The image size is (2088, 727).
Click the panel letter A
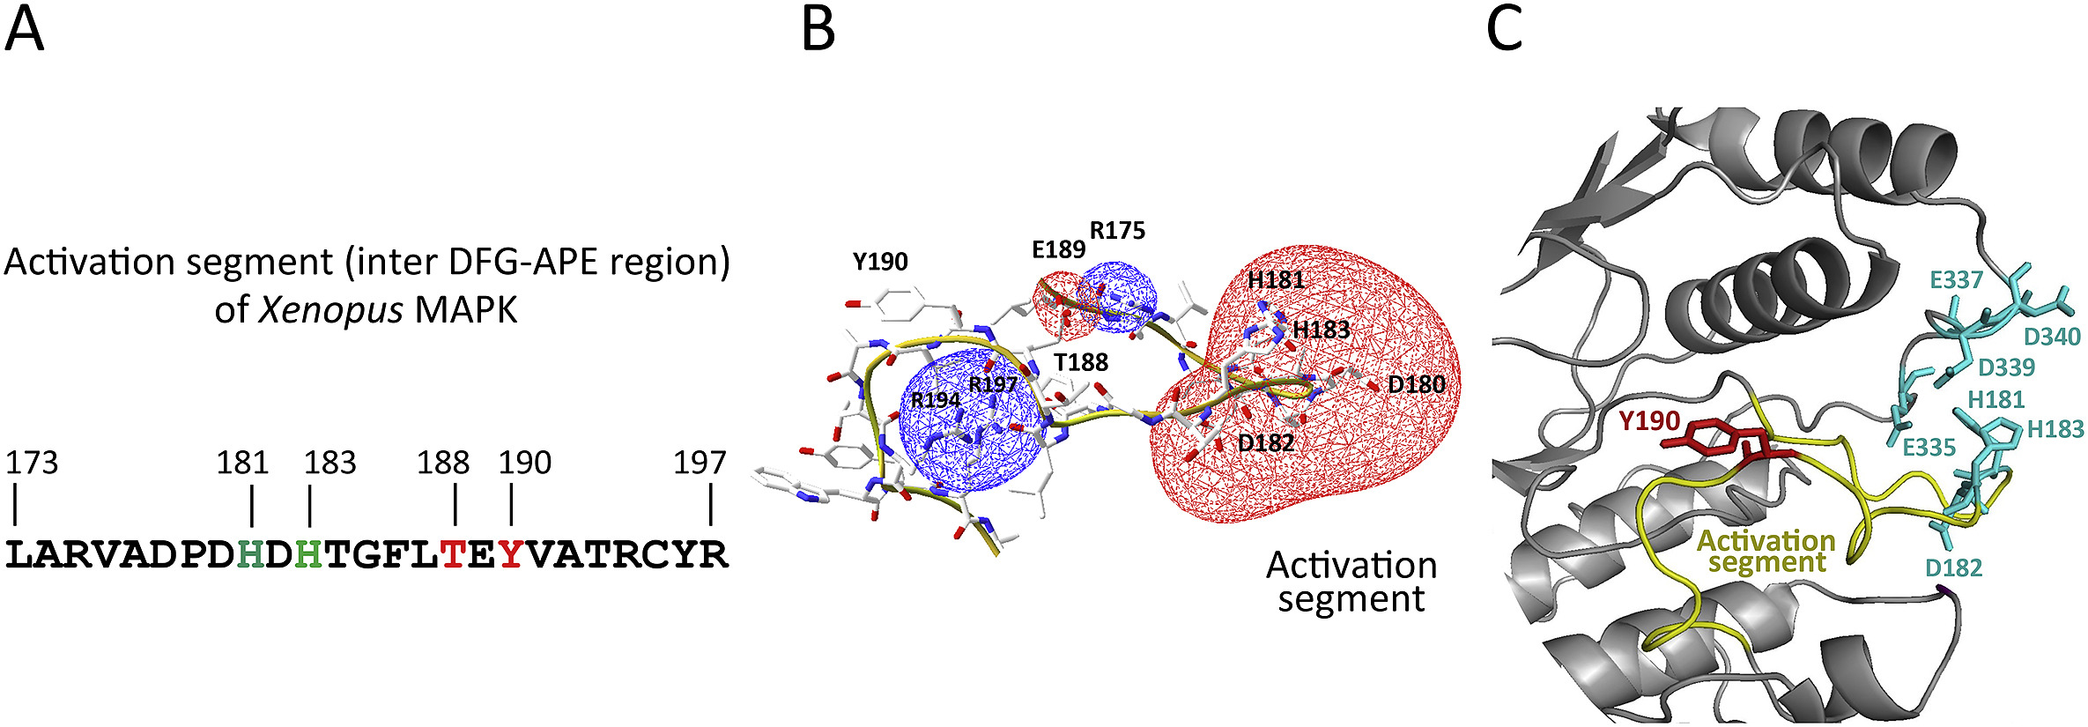point(24,31)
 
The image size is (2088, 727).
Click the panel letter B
point(818,31)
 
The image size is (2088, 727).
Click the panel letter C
point(1504,31)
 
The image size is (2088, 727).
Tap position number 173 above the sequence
point(32,463)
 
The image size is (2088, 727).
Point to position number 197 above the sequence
point(700,463)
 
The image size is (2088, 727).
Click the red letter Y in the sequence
point(511,555)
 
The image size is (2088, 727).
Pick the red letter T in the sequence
point(454,555)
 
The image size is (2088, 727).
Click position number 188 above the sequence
point(443,463)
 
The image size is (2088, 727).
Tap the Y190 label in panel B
point(879,262)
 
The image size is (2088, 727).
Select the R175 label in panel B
point(1117,231)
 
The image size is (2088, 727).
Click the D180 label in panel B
point(1416,385)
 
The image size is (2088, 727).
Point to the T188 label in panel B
point(1081,363)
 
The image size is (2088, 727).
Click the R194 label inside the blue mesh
point(936,400)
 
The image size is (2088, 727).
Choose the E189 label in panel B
point(1058,250)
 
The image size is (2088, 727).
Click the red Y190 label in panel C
point(1649,421)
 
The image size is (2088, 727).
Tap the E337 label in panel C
point(1956,280)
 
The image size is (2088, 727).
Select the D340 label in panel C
point(2052,337)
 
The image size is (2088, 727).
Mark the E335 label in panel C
point(1929,448)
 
